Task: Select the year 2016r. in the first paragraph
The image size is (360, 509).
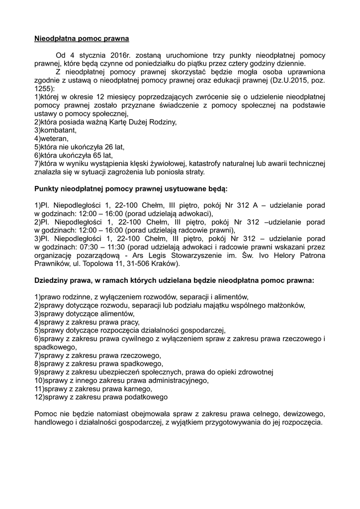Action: [124, 55]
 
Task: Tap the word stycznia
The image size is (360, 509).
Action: [93, 55]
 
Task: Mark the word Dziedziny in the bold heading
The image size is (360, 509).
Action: [53, 280]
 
